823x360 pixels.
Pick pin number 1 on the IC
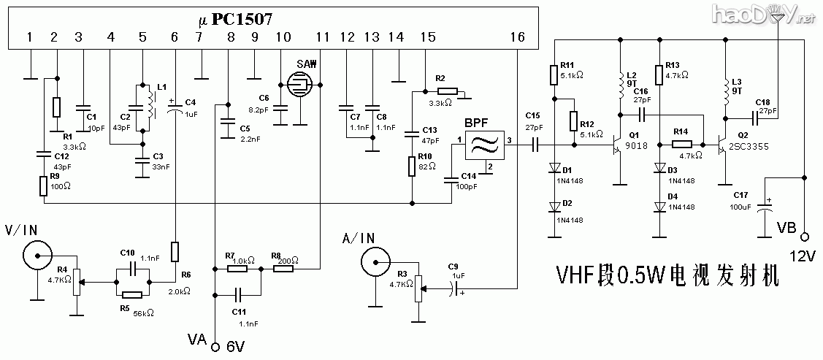(x=30, y=37)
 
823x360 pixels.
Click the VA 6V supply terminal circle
(x=215, y=348)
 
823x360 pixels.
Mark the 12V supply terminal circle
(x=804, y=237)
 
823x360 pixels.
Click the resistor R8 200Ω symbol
(x=283, y=269)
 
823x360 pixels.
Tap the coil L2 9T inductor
(x=621, y=87)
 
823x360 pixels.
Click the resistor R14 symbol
(x=681, y=145)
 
